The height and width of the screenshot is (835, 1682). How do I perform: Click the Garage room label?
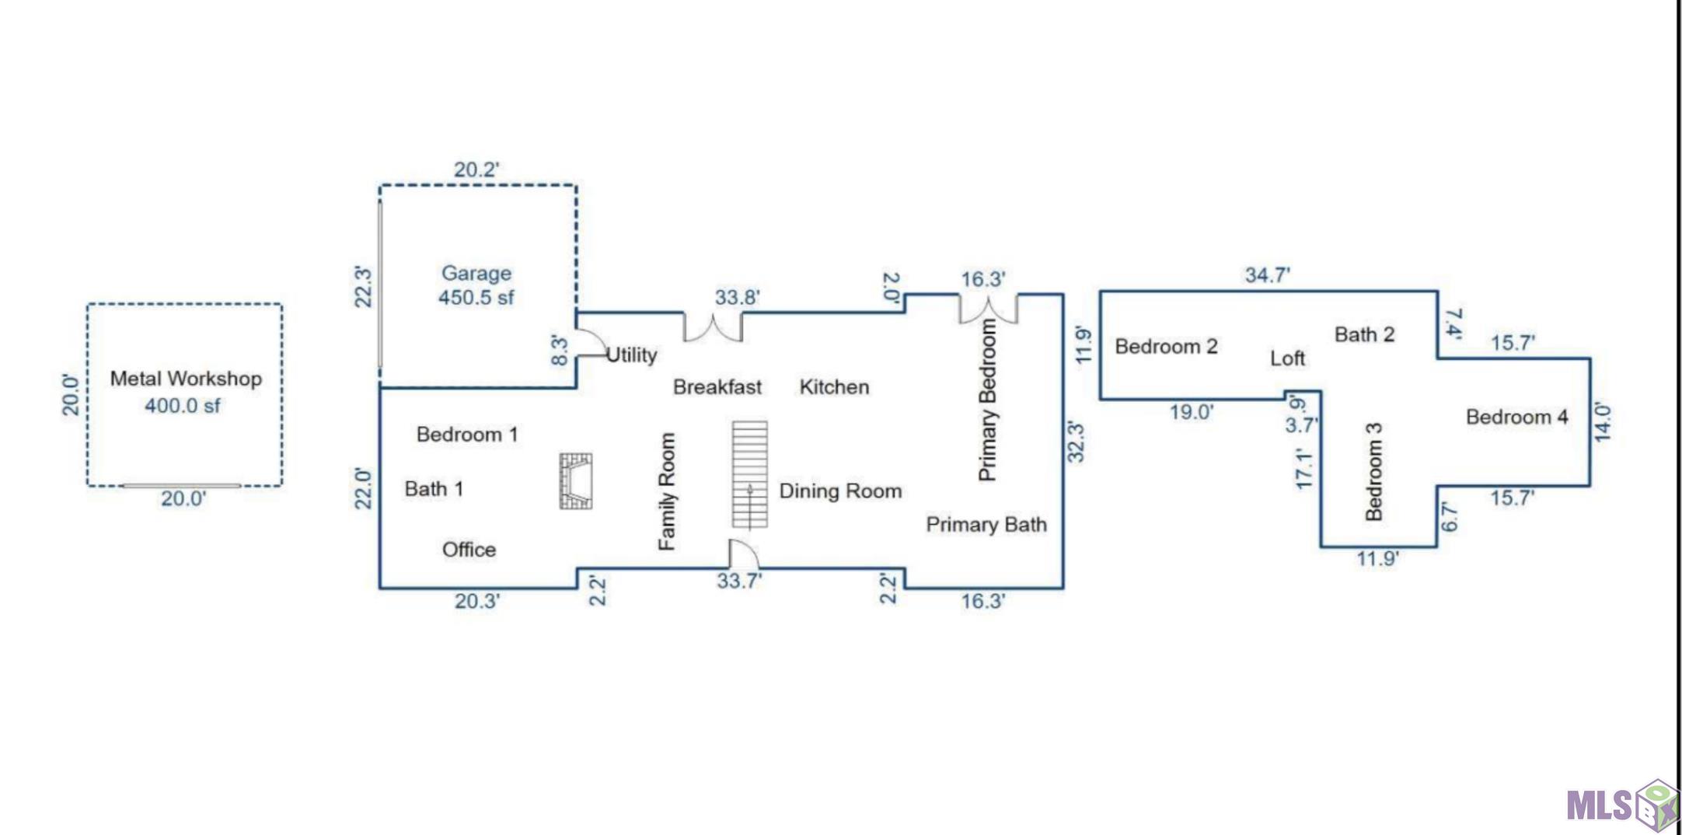pyautogui.click(x=476, y=274)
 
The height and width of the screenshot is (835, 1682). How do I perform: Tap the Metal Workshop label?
pyautogui.click(x=186, y=379)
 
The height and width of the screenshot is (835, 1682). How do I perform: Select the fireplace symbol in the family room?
pyautogui.click(x=576, y=481)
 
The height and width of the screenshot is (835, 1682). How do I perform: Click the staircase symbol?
pyautogui.click(x=749, y=474)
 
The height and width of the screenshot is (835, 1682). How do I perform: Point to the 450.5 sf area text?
pyautogui.click(x=476, y=298)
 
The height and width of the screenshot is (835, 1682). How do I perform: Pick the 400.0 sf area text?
pyautogui.click(x=183, y=406)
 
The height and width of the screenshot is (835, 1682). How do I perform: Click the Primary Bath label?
pyautogui.click(x=986, y=525)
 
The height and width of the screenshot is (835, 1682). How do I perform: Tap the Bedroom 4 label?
pyautogui.click(x=1516, y=417)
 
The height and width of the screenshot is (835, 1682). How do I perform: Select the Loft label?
pyautogui.click(x=1287, y=358)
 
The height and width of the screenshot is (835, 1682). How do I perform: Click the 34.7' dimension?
pyautogui.click(x=1267, y=275)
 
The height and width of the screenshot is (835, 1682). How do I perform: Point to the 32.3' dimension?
pyautogui.click(x=1075, y=442)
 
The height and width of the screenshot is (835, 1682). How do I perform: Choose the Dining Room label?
pyautogui.click(x=840, y=491)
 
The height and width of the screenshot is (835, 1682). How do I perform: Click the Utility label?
pyautogui.click(x=631, y=355)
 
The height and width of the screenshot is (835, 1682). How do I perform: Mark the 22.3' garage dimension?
pyautogui.click(x=363, y=286)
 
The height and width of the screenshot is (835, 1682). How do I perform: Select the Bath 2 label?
pyautogui.click(x=1364, y=335)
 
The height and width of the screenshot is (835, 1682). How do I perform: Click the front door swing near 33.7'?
pyautogui.click(x=742, y=554)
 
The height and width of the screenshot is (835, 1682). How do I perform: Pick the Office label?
pyautogui.click(x=469, y=550)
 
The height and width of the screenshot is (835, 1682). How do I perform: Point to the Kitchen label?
pyautogui.click(x=834, y=387)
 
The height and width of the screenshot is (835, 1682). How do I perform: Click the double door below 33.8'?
pyautogui.click(x=713, y=328)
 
